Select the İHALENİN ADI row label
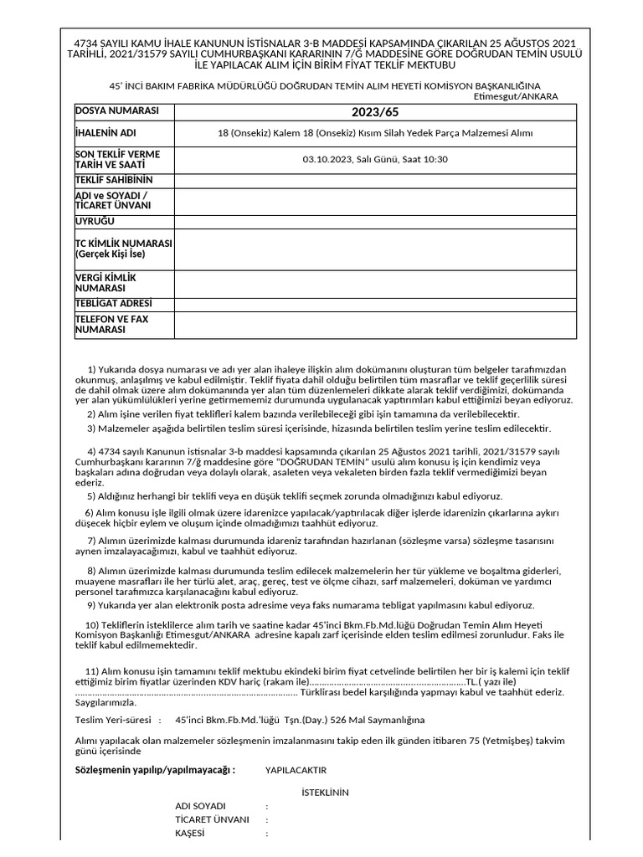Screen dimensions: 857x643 tap(105, 133)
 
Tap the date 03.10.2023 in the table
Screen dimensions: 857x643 tap(327, 159)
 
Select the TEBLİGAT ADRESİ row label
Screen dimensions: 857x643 tap(115, 303)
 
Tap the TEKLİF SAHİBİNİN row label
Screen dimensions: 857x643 tap(114, 180)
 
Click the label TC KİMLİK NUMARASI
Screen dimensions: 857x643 tap(123, 244)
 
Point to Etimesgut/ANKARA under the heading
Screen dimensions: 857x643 tap(516, 96)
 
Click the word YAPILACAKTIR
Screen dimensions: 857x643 tap(296, 770)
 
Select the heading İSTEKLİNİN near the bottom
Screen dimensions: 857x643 tap(325, 793)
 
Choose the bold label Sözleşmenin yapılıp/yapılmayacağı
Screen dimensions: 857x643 tap(155, 769)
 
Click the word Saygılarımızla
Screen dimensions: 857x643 tap(105, 703)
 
